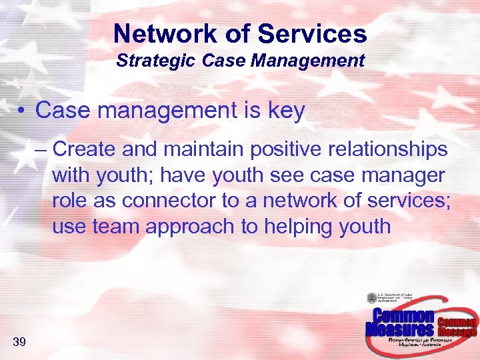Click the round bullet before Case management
click(x=23, y=111)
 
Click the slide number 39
click(x=19, y=343)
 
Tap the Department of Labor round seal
click(x=371, y=299)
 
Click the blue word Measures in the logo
click(x=400, y=329)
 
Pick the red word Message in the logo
click(x=457, y=331)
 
